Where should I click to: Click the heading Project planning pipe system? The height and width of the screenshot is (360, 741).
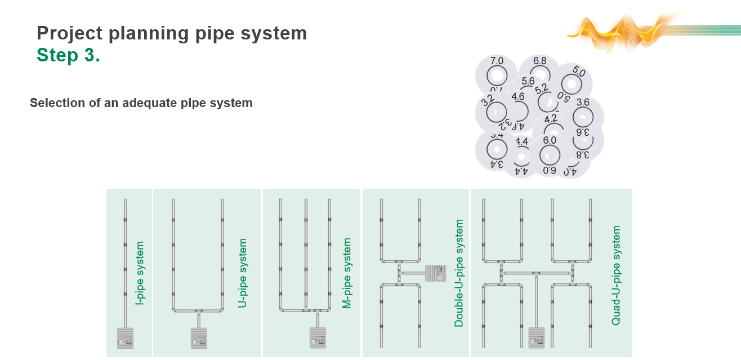point(172,33)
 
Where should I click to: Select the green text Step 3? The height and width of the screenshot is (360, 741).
point(68,55)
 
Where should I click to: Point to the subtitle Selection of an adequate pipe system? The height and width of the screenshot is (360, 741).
point(141,103)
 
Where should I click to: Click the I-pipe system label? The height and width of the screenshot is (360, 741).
point(140,273)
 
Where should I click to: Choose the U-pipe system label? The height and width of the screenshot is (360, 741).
point(243,273)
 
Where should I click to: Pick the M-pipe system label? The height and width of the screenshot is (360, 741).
point(347,273)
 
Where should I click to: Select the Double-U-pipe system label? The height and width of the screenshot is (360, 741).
point(459,273)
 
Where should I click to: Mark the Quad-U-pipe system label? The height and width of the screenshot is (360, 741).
point(616,275)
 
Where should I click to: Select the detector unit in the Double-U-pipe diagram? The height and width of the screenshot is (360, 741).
point(435,273)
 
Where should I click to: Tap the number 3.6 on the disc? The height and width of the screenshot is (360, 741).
point(583,103)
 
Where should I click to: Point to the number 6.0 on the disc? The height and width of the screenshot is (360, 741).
point(550,140)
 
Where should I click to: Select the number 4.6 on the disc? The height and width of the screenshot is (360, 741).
point(518,97)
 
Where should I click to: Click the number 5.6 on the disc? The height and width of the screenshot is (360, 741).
point(528,82)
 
